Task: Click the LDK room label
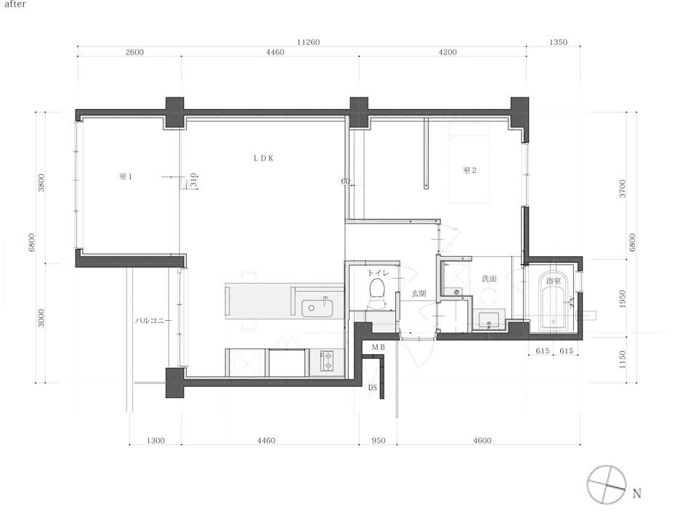pyautogui.click(x=264, y=158)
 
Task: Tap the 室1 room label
pyautogui.click(x=126, y=176)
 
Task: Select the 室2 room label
pyautogui.click(x=469, y=170)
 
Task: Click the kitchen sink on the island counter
pyautogui.click(x=317, y=309)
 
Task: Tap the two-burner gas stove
pyautogui.click(x=328, y=361)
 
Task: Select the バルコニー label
pyautogui.click(x=153, y=320)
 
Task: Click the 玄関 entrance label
pyautogui.click(x=419, y=294)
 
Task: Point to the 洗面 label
pyautogui.click(x=489, y=279)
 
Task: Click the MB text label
pyautogui.click(x=379, y=347)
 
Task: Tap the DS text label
pyautogui.click(x=373, y=388)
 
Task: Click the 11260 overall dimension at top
pyautogui.click(x=309, y=42)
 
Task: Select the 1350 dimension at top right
pyautogui.click(x=559, y=42)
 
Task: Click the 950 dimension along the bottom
pyautogui.click(x=379, y=441)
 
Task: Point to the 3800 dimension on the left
pyautogui.click(x=41, y=182)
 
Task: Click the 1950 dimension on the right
pyautogui.click(x=622, y=299)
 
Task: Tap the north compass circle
pyautogui.click(x=607, y=484)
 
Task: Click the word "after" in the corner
pyautogui.click(x=15, y=4)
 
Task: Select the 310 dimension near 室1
pyautogui.click(x=193, y=180)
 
